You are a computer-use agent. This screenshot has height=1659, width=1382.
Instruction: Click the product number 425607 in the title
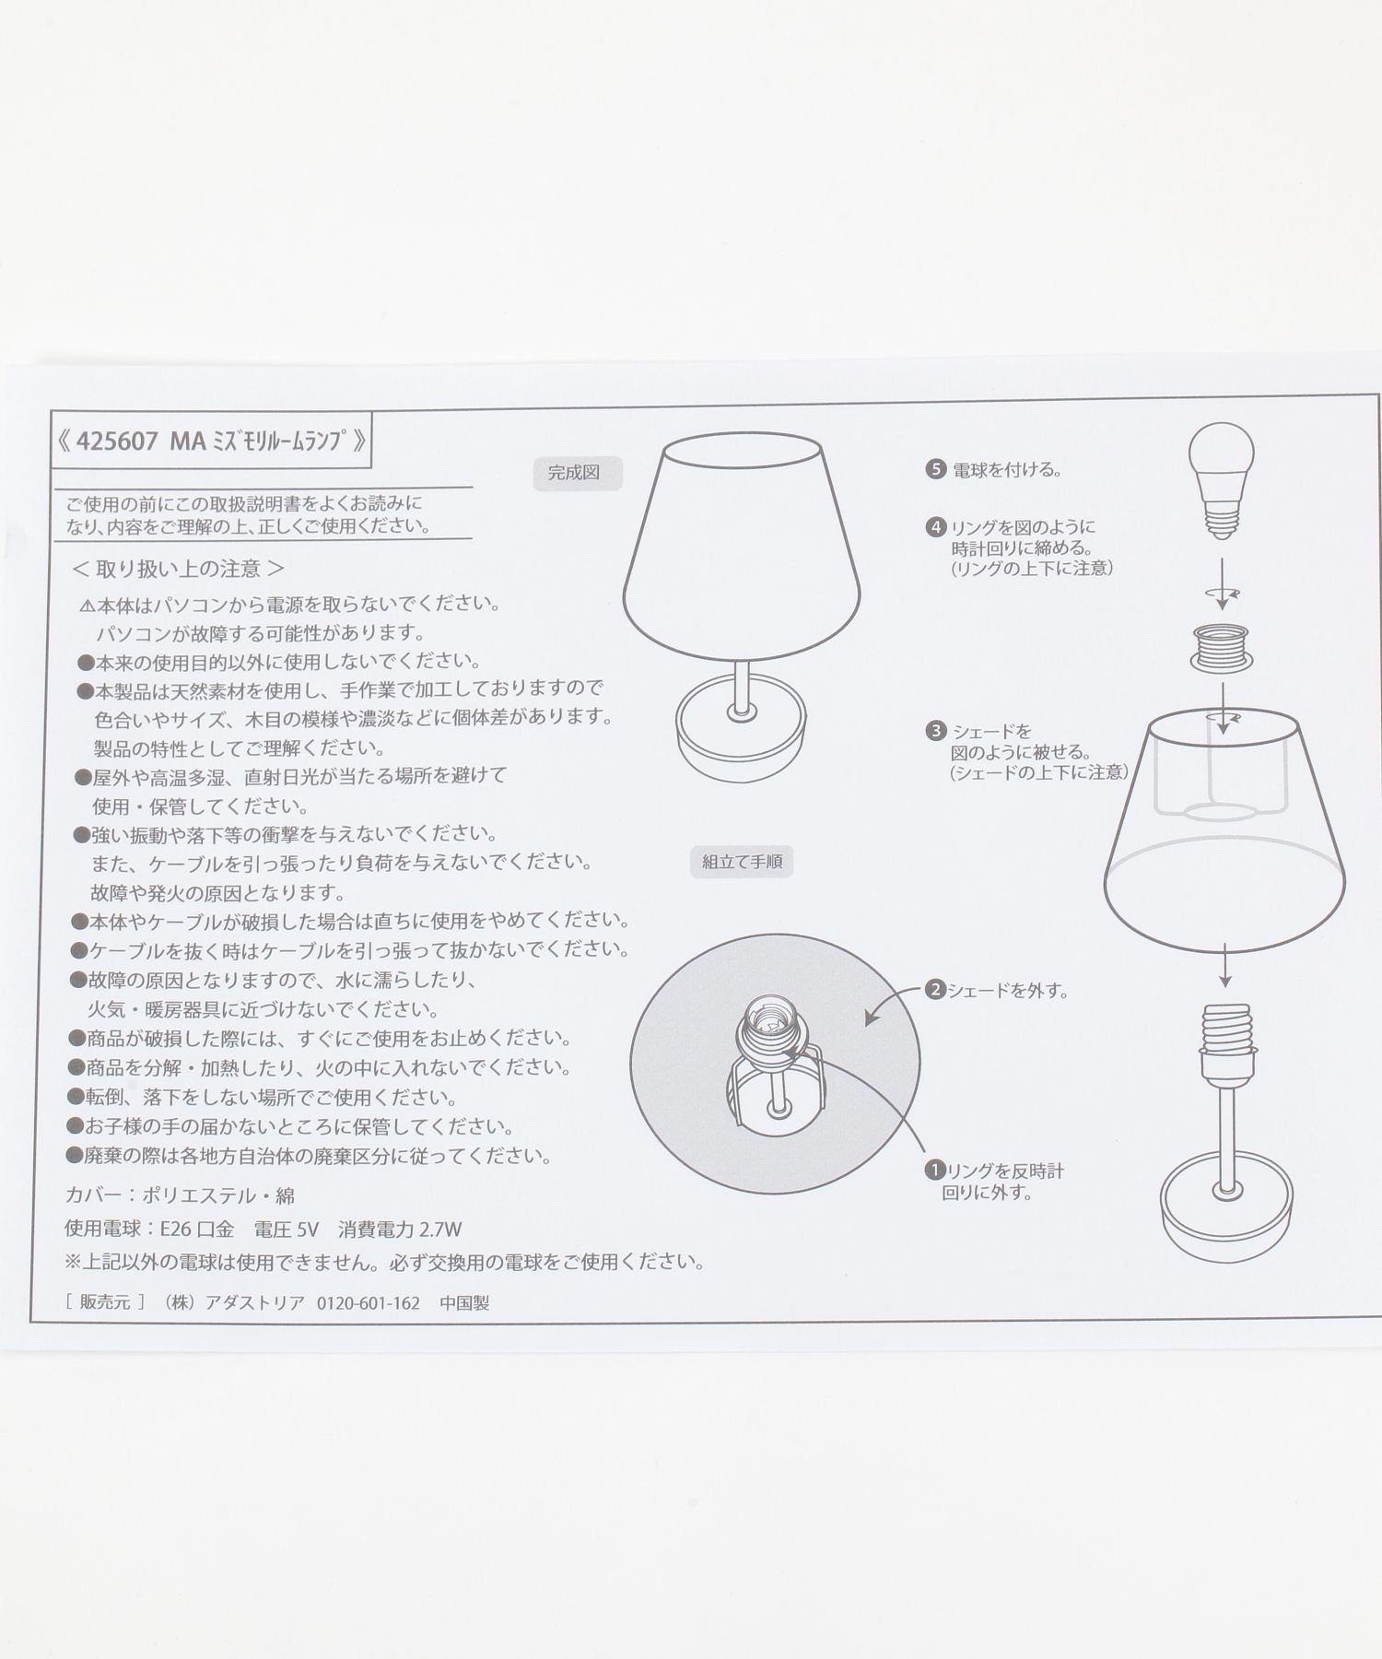pos(117,441)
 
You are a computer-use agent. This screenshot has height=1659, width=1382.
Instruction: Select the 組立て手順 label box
pos(741,863)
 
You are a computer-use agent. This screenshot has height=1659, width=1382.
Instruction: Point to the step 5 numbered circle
pos(936,469)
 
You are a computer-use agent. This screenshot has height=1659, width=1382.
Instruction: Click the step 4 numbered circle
pos(936,527)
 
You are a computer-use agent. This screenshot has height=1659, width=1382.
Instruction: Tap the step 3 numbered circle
pos(936,732)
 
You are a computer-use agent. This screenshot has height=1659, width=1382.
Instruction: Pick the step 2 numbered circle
pos(936,991)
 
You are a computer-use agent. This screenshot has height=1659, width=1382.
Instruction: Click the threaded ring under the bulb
pos(1222,647)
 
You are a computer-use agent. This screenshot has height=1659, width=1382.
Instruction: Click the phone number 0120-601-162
pos(368,1303)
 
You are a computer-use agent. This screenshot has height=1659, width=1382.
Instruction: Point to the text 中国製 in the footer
pos(464,1303)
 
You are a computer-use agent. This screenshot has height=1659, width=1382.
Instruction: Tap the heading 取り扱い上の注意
pos(178,569)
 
